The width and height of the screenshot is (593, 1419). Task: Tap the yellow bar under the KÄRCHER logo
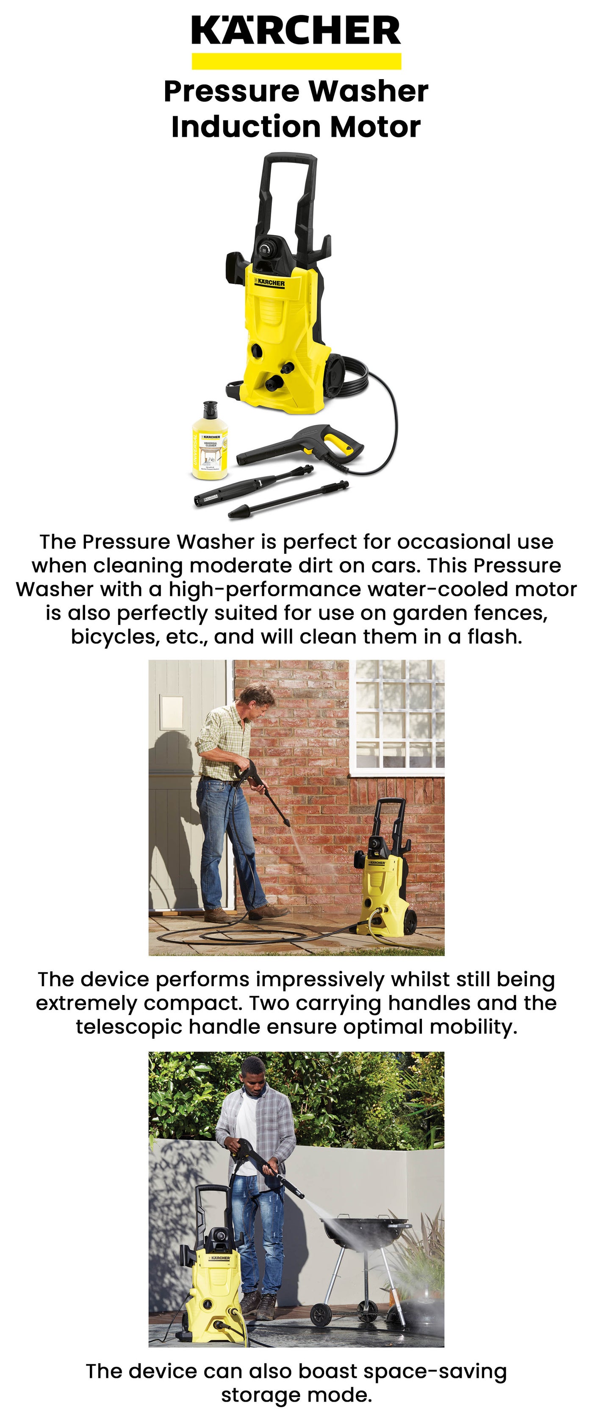(x=296, y=61)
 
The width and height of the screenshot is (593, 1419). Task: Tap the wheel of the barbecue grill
(x=320, y=1315)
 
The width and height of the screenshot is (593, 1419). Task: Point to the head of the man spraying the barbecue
(x=254, y=1071)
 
